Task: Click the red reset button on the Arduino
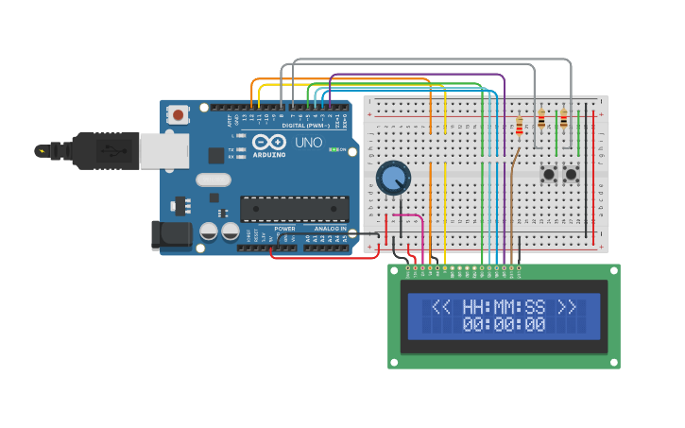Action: [x=178, y=114]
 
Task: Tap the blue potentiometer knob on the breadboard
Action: [x=393, y=178]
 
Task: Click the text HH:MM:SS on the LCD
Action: [x=504, y=307]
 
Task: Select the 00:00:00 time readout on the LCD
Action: [x=504, y=325]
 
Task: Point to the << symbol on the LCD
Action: [x=441, y=307]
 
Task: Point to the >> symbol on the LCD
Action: [x=566, y=307]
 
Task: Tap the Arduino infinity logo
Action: [x=267, y=141]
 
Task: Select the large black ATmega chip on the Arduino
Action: [x=294, y=209]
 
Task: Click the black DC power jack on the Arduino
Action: [x=171, y=235]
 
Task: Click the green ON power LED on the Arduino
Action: [x=333, y=148]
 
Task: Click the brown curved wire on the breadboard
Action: [x=513, y=180]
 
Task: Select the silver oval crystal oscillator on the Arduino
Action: [x=214, y=179]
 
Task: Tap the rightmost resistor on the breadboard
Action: [x=564, y=119]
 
